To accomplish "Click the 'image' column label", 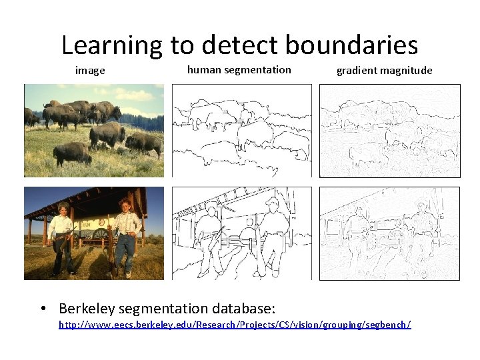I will [90, 70].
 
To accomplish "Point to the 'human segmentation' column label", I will [239, 69].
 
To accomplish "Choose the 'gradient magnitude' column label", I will [384, 70].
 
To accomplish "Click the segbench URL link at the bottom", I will [235, 325].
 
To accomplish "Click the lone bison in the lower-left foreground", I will [72, 154].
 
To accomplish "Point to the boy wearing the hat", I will [62, 237].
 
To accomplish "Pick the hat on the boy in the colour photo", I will [63, 205].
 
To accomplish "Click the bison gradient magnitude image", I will [389, 131].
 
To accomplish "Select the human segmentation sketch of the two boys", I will [241, 233].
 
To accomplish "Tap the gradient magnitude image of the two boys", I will [389, 233].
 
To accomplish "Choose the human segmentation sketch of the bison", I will [241, 131].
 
